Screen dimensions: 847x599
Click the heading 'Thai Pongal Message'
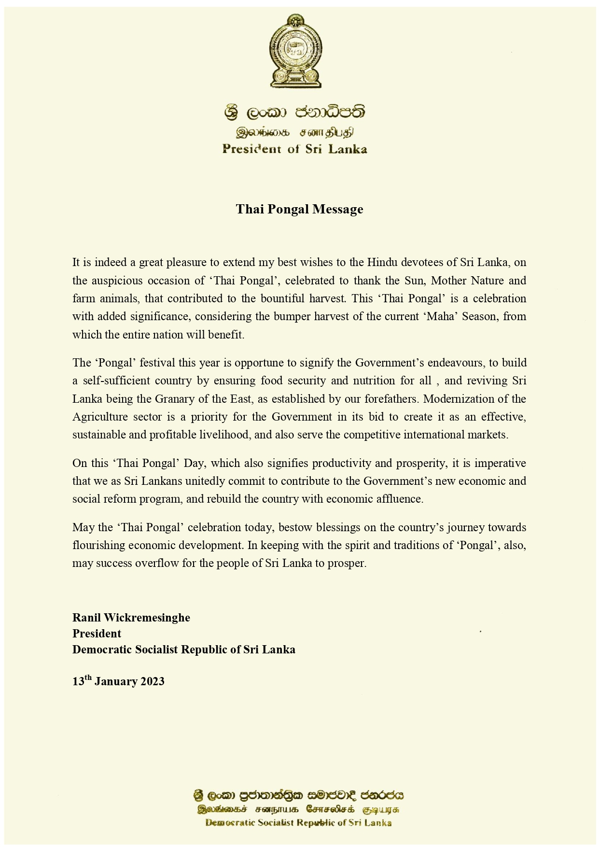click(299, 209)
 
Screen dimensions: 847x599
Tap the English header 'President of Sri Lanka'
click(294, 149)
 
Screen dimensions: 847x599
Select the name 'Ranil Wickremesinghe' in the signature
click(131, 618)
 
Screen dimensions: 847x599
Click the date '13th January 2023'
click(118, 681)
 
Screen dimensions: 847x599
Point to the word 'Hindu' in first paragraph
click(381, 262)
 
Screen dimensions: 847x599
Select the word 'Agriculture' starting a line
click(100, 417)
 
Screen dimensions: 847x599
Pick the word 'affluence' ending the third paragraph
click(399, 499)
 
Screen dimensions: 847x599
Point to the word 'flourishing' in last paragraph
click(98, 545)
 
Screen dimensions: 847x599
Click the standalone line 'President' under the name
click(97, 634)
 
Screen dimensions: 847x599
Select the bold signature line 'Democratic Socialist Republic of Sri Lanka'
click(184, 649)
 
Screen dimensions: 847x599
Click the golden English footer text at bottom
click(298, 823)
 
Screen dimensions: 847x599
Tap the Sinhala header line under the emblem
click(294, 113)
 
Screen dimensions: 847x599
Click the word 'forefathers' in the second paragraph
click(390, 399)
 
